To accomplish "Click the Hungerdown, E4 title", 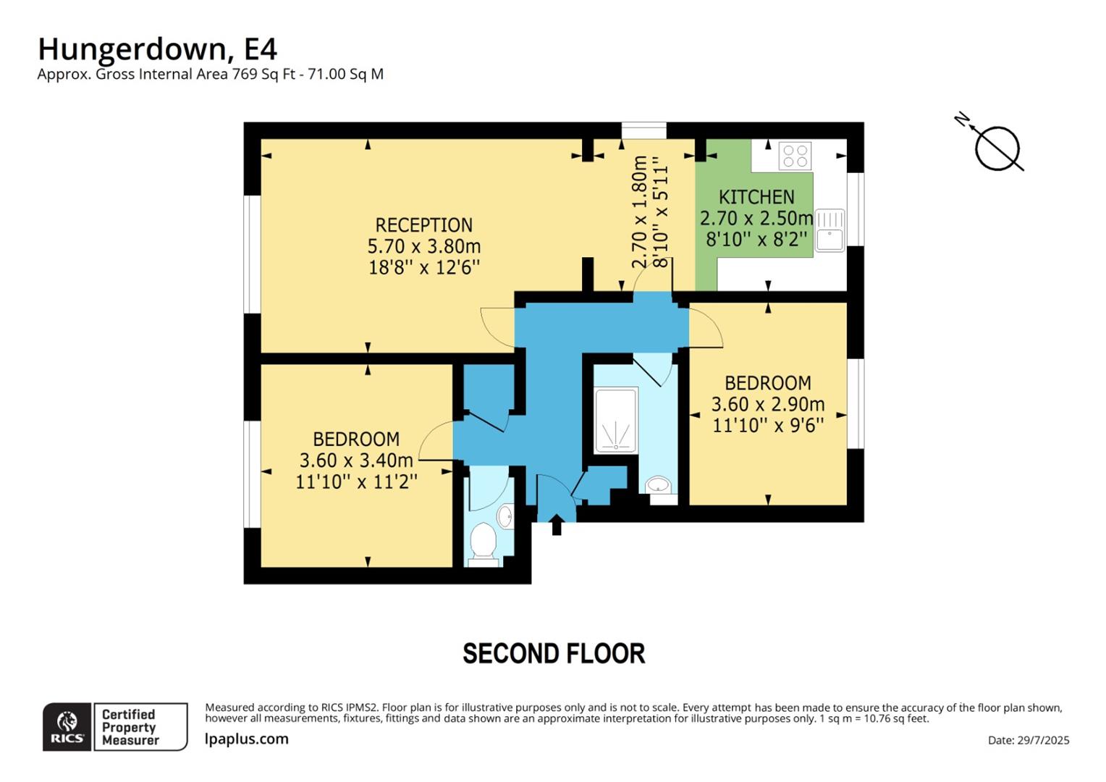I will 157,49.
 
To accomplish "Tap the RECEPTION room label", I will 423,225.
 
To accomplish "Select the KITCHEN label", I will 756,197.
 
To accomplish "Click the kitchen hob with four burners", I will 795,156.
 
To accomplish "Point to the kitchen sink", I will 829,230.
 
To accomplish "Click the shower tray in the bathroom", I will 616,421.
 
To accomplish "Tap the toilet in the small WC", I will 483,543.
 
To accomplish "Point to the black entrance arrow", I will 557,524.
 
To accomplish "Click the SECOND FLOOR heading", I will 554,654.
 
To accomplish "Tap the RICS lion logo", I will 67,726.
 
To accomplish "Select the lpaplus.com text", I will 247,739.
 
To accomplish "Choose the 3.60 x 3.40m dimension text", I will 356,461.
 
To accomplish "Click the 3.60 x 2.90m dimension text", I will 768,404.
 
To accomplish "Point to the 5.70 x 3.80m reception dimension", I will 423,246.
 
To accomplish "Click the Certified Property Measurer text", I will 130,727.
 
